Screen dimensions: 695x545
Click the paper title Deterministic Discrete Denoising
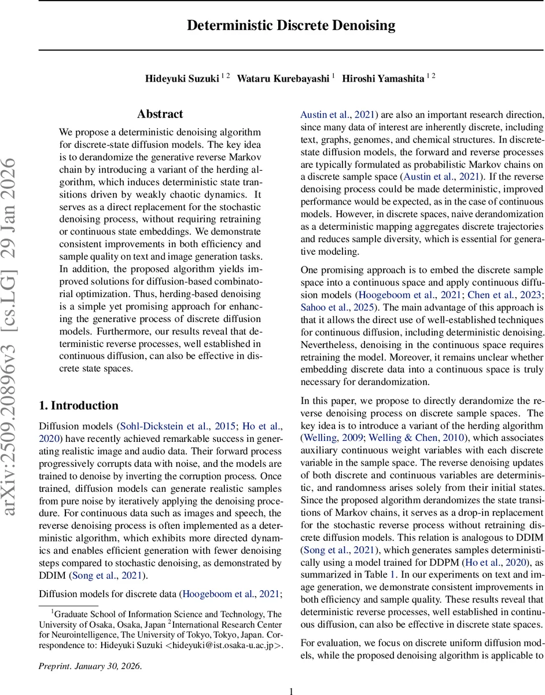[291, 25]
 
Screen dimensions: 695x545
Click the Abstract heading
[160, 114]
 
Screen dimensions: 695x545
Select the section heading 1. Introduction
[78, 405]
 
